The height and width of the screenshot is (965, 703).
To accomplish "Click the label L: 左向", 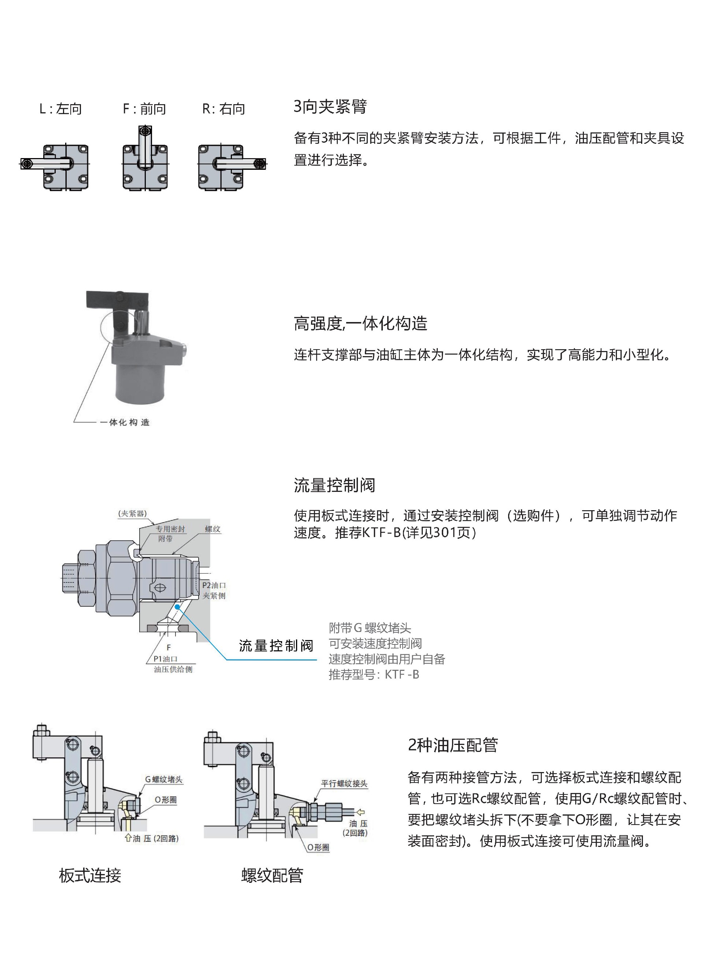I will pos(60,109).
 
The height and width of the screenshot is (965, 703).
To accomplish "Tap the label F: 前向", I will pos(144,109).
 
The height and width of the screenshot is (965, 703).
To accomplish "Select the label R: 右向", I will pos(223,109).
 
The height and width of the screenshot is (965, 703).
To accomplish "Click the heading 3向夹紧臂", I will pos(330,106).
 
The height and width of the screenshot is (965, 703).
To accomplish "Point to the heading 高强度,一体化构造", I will pos(360,324).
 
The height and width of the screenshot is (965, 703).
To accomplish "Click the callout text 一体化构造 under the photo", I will pos(125,422).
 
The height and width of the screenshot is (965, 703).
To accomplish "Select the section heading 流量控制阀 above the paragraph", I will pos(334,485).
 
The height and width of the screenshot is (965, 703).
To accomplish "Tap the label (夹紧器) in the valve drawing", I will pos(133,513).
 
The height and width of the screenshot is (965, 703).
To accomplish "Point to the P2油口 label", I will pos(214,585).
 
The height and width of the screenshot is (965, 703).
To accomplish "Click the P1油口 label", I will pos(166,659).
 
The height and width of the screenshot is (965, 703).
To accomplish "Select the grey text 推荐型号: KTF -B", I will pos(374,675).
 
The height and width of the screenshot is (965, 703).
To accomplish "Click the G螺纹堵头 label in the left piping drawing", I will pos(164,779).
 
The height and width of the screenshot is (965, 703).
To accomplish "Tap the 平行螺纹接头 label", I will pos(344,783).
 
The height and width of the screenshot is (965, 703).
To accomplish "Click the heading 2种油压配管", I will pos(452,745).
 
